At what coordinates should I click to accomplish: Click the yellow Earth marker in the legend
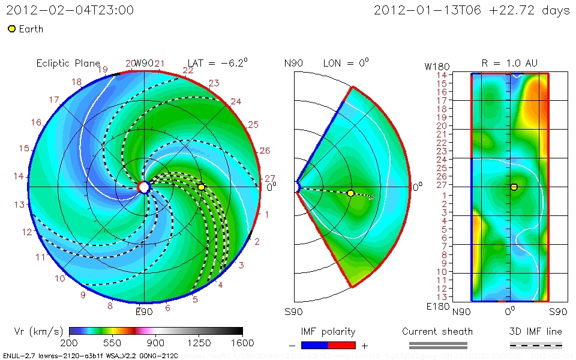pyautogui.click(x=12, y=29)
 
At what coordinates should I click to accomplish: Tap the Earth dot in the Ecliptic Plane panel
pyautogui.click(x=202, y=187)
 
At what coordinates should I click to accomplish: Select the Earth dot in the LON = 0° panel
pyautogui.click(x=350, y=193)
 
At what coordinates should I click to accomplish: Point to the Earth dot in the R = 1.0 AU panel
pyautogui.click(x=514, y=187)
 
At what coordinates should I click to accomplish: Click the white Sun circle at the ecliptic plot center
pyautogui.click(x=144, y=187)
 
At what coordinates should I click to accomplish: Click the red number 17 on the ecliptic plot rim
pyautogui.click(x=54, y=100)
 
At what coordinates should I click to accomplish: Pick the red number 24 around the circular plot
pyautogui.click(x=236, y=101)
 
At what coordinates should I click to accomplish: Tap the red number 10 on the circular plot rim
pyautogui.click(x=60, y=278)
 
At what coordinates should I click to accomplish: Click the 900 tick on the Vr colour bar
pyautogui.click(x=156, y=343)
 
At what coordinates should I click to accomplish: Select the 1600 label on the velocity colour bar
pyautogui.click(x=242, y=343)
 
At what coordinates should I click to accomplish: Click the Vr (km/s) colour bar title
pyautogui.click(x=38, y=331)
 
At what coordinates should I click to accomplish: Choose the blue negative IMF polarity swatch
pyautogui.click(x=315, y=345)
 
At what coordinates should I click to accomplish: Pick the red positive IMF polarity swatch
pyautogui.click(x=342, y=345)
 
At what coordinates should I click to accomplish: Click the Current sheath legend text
pyautogui.click(x=437, y=331)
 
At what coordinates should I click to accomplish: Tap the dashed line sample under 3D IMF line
pyautogui.click(x=536, y=345)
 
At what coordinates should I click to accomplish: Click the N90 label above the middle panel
pyautogui.click(x=293, y=63)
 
